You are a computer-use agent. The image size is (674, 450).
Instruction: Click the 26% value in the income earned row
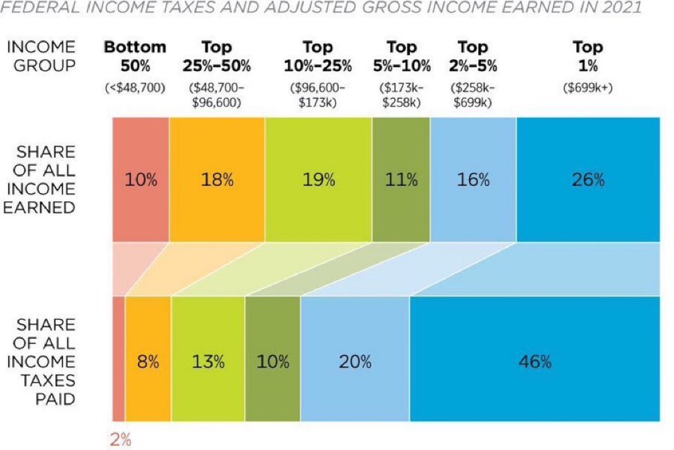[x=588, y=179]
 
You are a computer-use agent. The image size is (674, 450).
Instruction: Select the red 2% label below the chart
[x=120, y=439]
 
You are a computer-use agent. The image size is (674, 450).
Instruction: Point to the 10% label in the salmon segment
[x=140, y=179]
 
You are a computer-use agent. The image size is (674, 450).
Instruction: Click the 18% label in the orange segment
[x=217, y=179]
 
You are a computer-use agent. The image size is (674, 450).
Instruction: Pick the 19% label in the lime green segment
[x=318, y=179]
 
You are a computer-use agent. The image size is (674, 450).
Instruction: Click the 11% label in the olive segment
[x=401, y=179]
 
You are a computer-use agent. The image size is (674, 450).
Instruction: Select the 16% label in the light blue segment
[x=473, y=179]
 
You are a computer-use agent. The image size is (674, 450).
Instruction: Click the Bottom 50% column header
[x=135, y=56]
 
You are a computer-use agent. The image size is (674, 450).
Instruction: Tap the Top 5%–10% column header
[x=401, y=56]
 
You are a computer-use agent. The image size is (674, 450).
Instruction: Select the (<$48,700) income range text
[x=135, y=88]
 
